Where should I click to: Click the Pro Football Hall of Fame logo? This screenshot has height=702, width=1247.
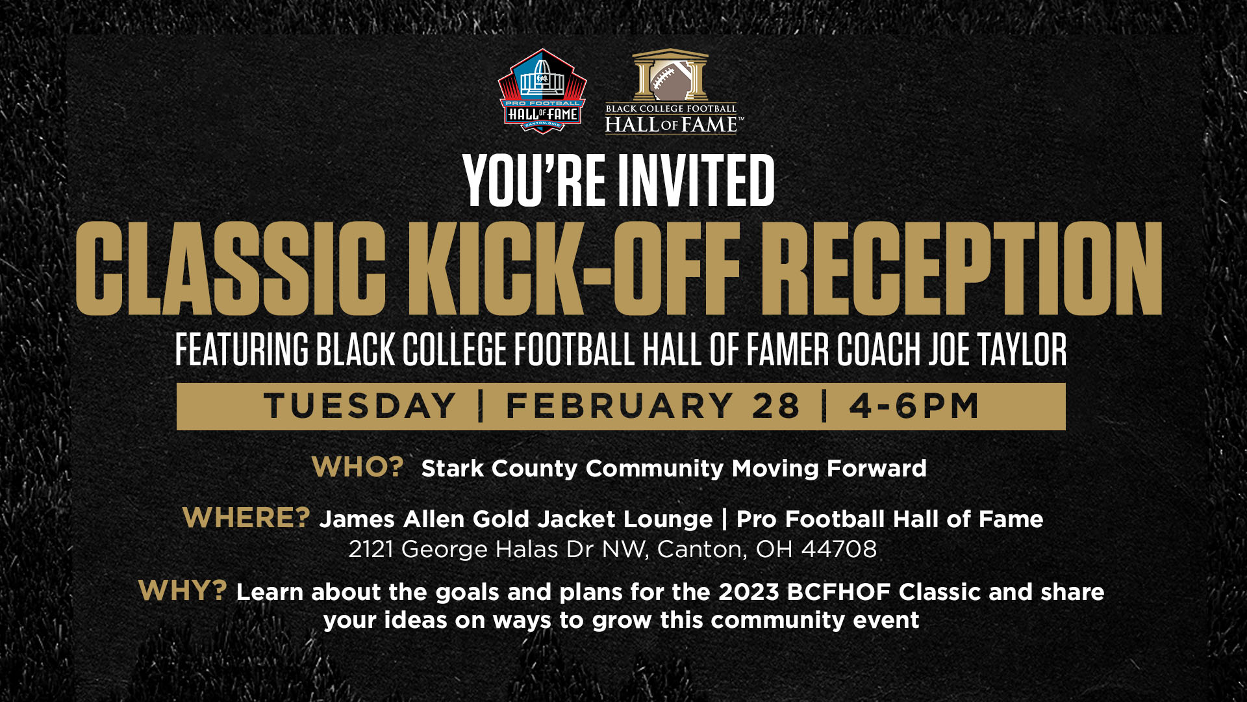pyautogui.click(x=542, y=91)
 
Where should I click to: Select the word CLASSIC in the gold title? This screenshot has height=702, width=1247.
pyautogui.click(x=231, y=268)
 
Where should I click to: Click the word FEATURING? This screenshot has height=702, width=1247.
pyautogui.click(x=242, y=349)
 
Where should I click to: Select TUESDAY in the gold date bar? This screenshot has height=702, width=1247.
pyautogui.click(x=360, y=406)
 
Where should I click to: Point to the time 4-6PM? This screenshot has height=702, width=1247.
pyautogui.click(x=914, y=406)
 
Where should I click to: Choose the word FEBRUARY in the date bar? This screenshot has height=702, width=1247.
pyautogui.click(x=620, y=406)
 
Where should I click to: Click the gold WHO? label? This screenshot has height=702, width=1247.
pyautogui.click(x=358, y=467)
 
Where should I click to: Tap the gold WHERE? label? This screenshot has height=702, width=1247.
pyautogui.click(x=247, y=517)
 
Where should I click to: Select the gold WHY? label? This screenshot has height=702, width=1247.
pyautogui.click(x=183, y=590)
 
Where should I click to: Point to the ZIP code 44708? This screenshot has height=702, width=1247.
pyautogui.click(x=839, y=549)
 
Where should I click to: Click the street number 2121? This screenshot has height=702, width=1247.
pyautogui.click(x=372, y=549)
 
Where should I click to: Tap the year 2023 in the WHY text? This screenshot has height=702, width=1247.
pyautogui.click(x=748, y=592)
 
